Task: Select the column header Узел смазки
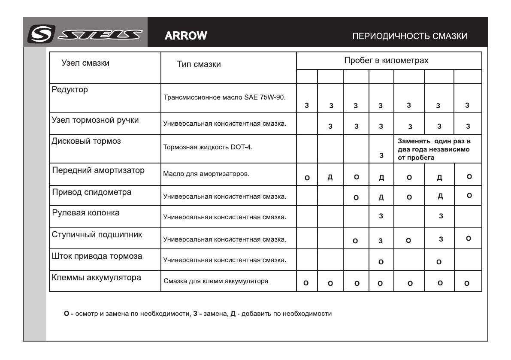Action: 86,64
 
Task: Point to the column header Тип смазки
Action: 199,65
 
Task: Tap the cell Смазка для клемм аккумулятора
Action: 216,281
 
